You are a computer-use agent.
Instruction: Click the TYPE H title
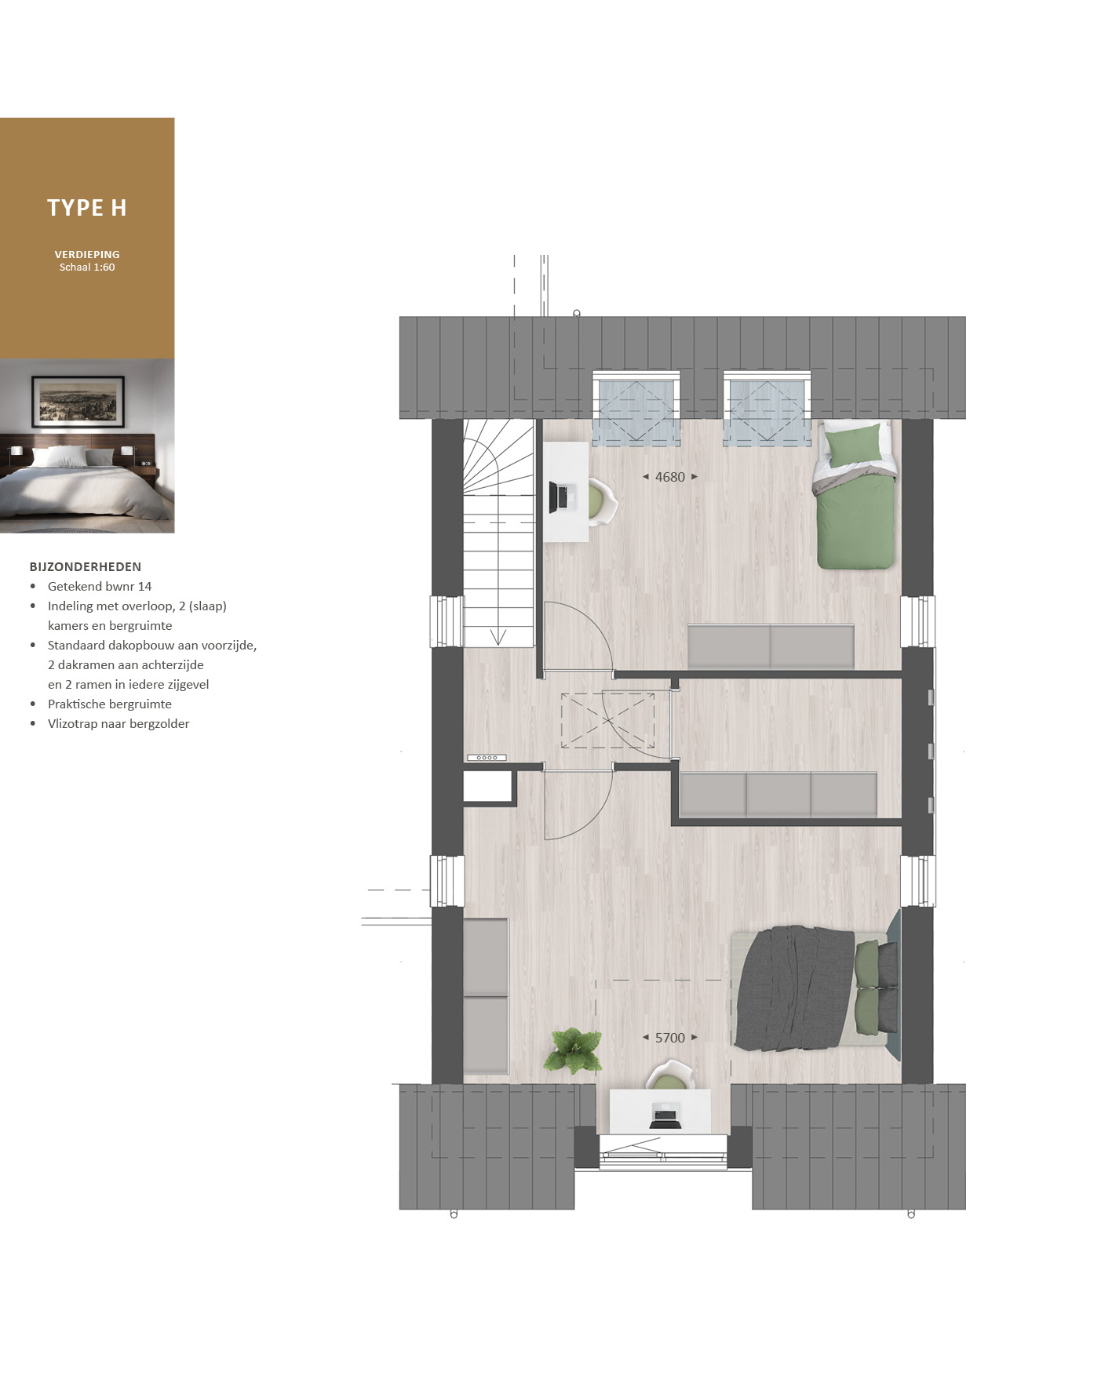[x=87, y=208]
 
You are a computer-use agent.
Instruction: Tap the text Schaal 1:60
[x=87, y=267]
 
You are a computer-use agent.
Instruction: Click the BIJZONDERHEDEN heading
[x=86, y=566]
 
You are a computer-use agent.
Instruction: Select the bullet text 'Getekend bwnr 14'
[x=100, y=586]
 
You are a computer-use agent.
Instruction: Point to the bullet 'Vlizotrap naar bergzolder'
[x=118, y=723]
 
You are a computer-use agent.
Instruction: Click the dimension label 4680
[x=670, y=477]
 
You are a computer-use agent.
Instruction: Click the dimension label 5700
[x=670, y=1038]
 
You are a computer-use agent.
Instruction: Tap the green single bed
[x=855, y=495]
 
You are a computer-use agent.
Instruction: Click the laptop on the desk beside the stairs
[x=563, y=497]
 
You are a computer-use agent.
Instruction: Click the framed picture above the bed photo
[x=78, y=401]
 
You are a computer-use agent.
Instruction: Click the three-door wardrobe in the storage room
[x=778, y=795]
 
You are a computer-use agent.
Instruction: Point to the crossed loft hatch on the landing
[x=608, y=721]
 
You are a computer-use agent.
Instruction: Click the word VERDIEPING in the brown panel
[x=87, y=254]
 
